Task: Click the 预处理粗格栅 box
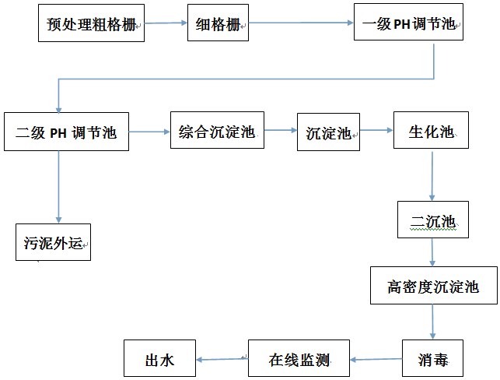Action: coord(91,23)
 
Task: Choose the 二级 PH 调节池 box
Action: coord(65,132)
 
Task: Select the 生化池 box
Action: coord(432,132)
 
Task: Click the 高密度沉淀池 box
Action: coord(433,287)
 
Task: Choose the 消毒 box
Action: coord(433,359)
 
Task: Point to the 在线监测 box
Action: coord(299,359)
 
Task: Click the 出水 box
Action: coord(160,359)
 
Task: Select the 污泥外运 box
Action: coord(53,242)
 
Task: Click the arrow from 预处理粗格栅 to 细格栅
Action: coord(166,23)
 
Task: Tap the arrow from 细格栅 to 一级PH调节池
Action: coord(302,23)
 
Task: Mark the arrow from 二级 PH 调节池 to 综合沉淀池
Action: coord(149,132)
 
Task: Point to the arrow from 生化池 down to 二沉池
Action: coord(432,176)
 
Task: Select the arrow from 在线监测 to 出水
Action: coord(222,359)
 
